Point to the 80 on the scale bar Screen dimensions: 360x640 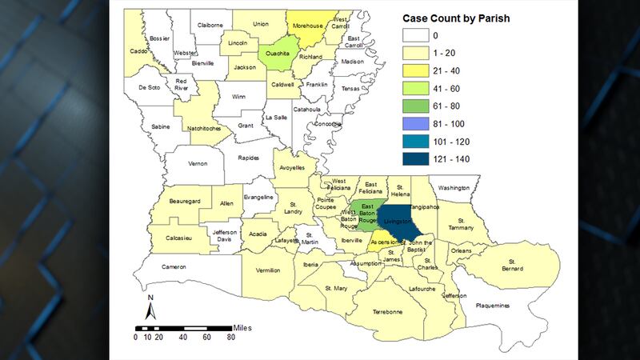[x=230, y=338]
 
